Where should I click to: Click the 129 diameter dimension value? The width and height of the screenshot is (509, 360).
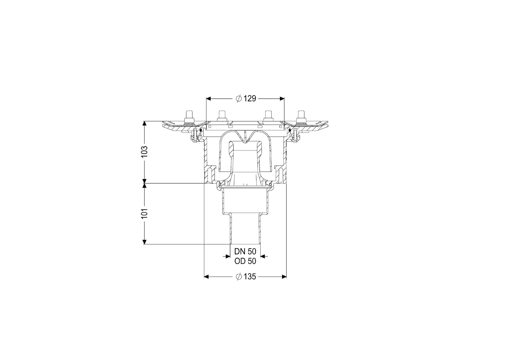[250, 98]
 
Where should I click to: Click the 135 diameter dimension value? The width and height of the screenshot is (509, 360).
[250, 277]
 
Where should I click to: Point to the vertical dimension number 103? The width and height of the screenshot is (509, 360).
[144, 151]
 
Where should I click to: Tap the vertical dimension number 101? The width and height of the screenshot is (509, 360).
[144, 213]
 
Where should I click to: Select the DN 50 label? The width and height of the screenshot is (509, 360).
[245, 251]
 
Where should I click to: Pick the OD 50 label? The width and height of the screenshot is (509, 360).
[245, 261]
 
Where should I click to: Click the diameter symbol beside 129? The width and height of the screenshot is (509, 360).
[239, 99]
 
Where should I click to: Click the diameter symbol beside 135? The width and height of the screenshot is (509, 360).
[239, 277]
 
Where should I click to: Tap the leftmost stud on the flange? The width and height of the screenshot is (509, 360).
[189, 117]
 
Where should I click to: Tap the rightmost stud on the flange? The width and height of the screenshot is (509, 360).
[301, 117]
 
